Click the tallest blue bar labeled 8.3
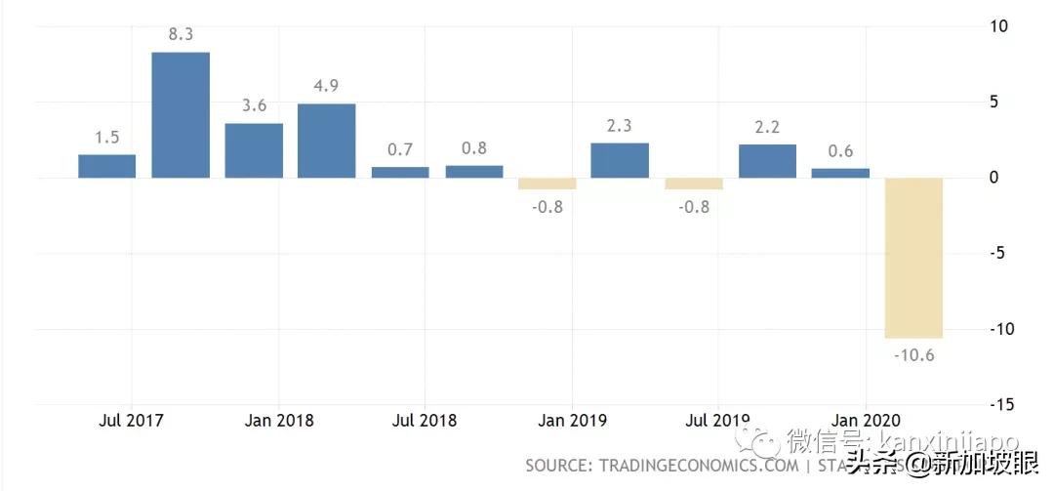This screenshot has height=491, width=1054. [181, 114]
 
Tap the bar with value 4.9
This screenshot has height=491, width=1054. [327, 141]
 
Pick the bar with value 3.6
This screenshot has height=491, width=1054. [254, 150]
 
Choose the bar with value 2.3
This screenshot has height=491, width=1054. [620, 160]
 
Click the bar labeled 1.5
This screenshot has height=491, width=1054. [107, 166]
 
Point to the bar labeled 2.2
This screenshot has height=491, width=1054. [767, 161]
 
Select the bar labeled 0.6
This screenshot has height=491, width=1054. [840, 173]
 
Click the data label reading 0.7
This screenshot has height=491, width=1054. [400, 149]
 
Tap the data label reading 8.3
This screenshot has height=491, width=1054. [181, 34]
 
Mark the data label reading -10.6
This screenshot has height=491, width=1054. [913, 355]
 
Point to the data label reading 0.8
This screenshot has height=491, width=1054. [473, 148]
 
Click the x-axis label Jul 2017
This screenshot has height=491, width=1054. [131, 421]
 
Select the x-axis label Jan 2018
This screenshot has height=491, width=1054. [278, 421]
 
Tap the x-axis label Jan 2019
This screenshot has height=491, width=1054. [572, 421]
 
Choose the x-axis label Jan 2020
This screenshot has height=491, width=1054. [866, 421]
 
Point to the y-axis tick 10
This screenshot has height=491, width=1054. [998, 26]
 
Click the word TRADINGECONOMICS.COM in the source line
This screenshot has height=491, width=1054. [697, 465]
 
